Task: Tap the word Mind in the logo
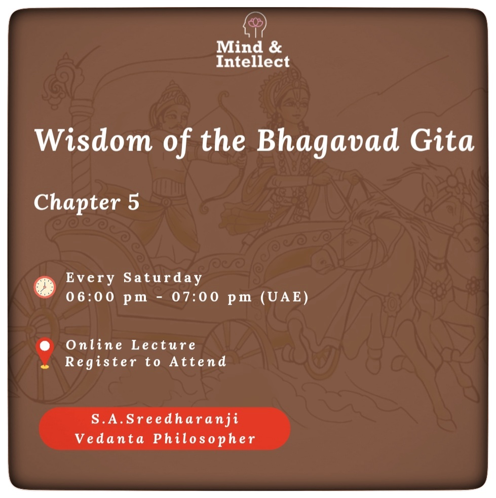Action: click(236, 47)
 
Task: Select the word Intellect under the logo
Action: click(253, 61)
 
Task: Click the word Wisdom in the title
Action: click(94, 140)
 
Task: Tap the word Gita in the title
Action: click(442, 140)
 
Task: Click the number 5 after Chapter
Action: click(134, 202)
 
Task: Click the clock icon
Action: click(45, 287)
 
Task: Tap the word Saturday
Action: click(163, 278)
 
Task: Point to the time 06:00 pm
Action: click(106, 297)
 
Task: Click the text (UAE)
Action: click(284, 297)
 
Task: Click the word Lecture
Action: click(164, 345)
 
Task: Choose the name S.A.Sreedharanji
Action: click(165, 419)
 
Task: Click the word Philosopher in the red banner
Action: click(204, 439)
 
